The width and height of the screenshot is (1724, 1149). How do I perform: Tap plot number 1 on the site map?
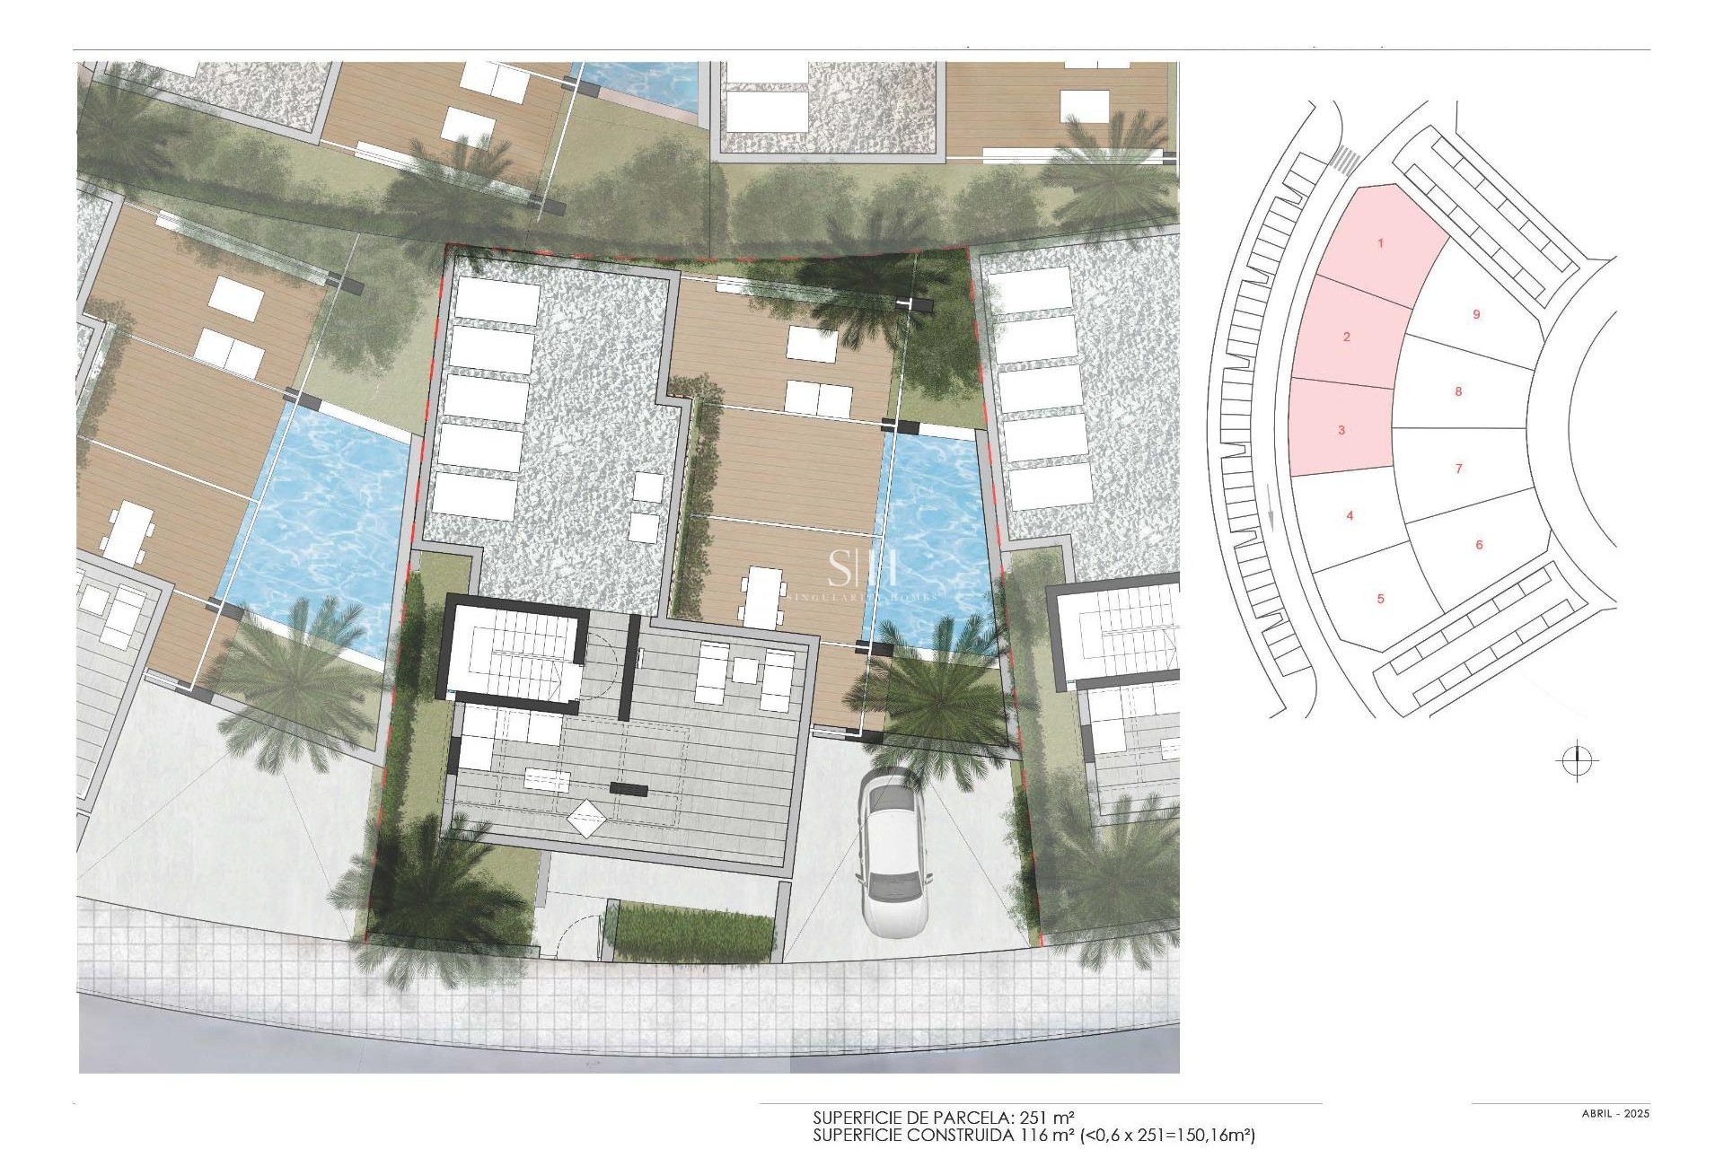pos(1381,243)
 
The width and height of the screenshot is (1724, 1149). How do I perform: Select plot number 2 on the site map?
pos(1346,337)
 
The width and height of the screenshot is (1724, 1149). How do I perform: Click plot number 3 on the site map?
pos(1341,430)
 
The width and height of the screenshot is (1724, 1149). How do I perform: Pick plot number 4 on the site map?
pos(1350,515)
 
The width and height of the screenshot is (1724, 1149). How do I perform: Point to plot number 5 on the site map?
pos(1381,599)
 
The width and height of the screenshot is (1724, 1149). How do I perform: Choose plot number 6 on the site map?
pos(1479,545)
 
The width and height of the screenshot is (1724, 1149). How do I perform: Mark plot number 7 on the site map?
pos(1458,468)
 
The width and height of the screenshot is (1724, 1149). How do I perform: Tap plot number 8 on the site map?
pos(1458,391)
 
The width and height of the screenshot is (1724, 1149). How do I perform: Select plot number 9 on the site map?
pos(1476,314)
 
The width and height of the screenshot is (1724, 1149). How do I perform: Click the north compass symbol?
pos(1577,762)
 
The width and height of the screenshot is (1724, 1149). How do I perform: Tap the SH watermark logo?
pos(862,568)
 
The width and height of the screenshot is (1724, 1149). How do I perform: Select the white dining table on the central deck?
pos(763,597)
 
